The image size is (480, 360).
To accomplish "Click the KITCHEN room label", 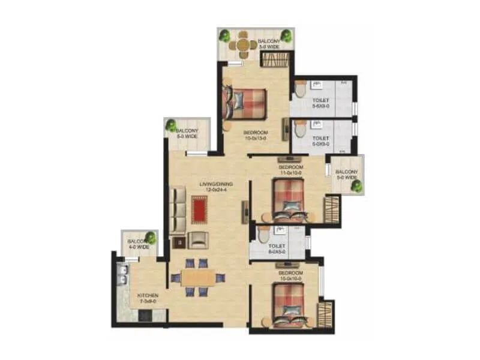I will coord(147,299).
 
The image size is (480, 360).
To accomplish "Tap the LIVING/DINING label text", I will coord(216,187).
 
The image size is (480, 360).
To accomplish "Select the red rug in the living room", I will coord(199,210).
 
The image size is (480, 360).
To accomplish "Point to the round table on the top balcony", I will coord(243,44).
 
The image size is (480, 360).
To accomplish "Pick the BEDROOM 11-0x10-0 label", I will coord(291,170).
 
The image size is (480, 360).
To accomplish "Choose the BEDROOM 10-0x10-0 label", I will coord(291,276).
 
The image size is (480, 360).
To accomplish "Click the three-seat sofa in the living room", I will coord(178,210).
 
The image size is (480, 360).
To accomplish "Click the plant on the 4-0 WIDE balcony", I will coord(151,238).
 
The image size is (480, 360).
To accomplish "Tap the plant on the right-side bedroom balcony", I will coord(356,186).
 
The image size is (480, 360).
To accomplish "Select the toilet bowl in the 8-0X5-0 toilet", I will coord(264,235).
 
